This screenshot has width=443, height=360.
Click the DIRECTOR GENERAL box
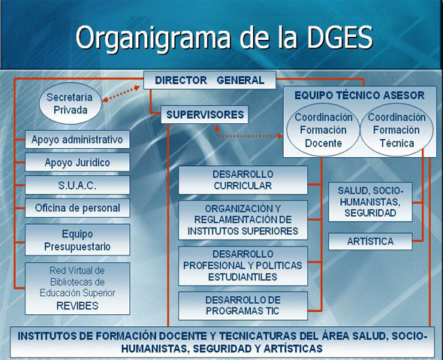point(209,80)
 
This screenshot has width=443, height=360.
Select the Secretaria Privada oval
point(70,103)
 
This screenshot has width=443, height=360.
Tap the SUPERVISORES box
point(204,114)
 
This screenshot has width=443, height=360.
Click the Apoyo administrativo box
point(77,140)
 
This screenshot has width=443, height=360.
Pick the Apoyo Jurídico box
point(77,162)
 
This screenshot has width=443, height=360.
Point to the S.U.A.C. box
point(77,185)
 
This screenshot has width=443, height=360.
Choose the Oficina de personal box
point(77,208)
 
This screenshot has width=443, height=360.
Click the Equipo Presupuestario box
point(77,240)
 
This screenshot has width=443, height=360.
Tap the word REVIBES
point(77,306)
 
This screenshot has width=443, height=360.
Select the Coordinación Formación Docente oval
point(323,130)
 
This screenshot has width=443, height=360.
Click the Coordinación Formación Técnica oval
point(396,130)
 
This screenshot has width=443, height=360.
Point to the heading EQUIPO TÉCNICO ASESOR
point(360,95)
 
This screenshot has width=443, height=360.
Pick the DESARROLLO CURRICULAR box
point(243,180)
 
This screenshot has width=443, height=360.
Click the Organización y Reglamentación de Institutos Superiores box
point(243,220)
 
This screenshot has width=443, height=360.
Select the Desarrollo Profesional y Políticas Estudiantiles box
point(243,266)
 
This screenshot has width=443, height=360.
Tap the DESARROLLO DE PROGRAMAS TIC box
point(243,306)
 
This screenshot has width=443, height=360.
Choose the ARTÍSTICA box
point(370,241)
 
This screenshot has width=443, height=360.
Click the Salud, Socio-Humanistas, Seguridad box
point(370,201)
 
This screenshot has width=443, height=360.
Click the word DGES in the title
point(340,38)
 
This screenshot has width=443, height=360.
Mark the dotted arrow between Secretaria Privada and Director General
point(121,93)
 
